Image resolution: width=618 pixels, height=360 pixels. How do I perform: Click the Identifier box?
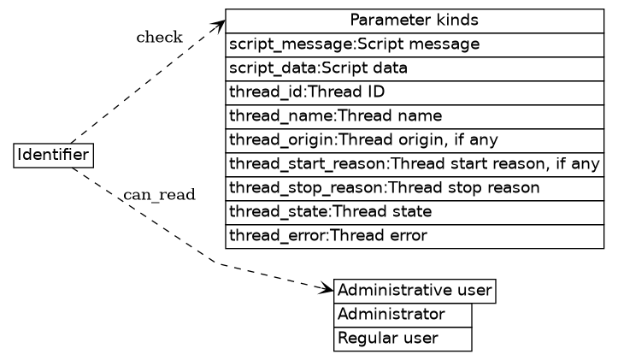54,155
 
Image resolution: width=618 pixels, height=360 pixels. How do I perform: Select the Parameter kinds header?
415,20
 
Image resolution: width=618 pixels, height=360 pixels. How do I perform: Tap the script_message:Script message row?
415,44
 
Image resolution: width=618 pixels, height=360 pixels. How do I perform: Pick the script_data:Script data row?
415,68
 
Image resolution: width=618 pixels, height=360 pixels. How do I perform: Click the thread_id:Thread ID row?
415,91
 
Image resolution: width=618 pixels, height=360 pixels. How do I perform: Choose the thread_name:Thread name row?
415,115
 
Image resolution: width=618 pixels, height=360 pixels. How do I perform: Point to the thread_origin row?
415,139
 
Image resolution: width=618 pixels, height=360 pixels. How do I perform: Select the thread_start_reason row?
415,163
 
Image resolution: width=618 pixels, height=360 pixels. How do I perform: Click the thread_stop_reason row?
415,187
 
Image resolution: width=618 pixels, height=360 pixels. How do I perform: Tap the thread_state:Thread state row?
415,211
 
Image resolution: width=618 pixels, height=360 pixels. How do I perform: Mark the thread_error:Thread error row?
415,235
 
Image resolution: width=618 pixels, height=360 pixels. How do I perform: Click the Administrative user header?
415,291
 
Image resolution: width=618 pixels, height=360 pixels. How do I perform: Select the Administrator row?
403,315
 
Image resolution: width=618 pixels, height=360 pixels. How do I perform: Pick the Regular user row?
403,339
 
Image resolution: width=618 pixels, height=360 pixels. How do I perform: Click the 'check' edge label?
159,37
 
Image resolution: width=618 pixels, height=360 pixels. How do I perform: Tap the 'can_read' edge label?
160,195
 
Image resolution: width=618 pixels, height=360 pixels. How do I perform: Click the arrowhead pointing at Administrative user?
326,289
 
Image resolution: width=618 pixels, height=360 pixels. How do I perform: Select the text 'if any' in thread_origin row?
476,139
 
